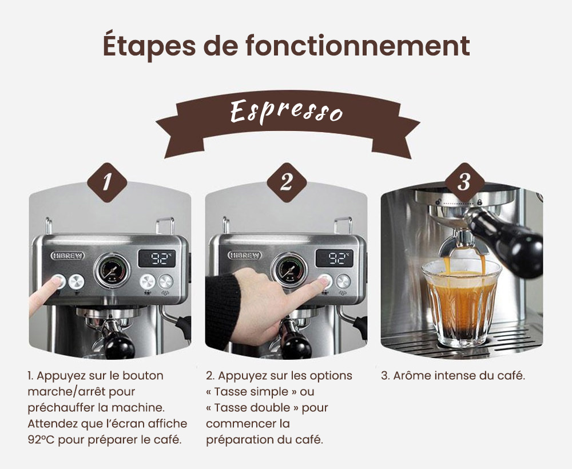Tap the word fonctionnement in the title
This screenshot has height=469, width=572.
tap(357, 46)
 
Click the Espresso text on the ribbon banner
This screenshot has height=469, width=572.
tap(286, 110)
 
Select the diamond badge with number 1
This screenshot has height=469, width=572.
tap(107, 182)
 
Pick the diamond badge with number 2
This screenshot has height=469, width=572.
tap(286, 182)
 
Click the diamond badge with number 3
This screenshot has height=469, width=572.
tap(464, 182)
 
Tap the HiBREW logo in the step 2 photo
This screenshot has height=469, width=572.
tap(244, 255)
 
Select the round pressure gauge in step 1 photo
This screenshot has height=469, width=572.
tap(112, 271)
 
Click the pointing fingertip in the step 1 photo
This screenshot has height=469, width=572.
tap(57, 283)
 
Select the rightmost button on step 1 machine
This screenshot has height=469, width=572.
tap(166, 281)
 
